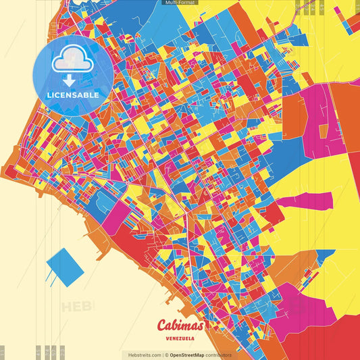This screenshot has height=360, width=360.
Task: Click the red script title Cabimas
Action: click(180, 325)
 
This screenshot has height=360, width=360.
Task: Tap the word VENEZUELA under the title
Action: click(180, 338)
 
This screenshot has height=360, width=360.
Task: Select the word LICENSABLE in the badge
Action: click(72, 95)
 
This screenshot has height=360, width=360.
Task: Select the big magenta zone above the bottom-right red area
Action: click(307, 297)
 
